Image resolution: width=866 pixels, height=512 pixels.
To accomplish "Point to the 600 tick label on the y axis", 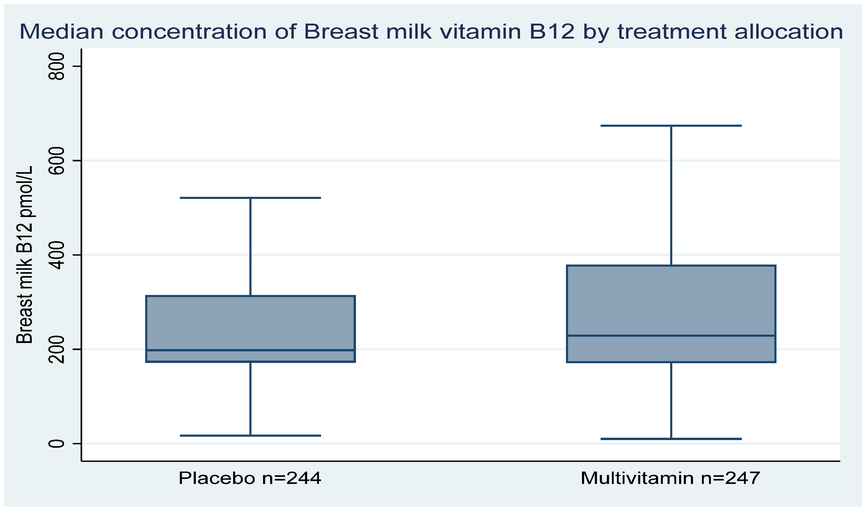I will (x=56, y=161).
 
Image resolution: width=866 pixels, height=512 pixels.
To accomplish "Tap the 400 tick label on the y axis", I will (x=56, y=255).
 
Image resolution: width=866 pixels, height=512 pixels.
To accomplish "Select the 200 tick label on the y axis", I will (x=56, y=350).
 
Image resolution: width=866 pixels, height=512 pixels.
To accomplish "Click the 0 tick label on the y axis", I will (x=56, y=444).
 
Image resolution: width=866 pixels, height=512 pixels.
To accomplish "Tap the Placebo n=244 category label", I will (x=250, y=478).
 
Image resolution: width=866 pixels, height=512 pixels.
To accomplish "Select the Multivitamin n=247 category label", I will (x=670, y=478).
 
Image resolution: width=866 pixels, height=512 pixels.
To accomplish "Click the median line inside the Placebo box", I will (x=250, y=350).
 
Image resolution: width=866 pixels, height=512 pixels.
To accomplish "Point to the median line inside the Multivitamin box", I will (x=671, y=336).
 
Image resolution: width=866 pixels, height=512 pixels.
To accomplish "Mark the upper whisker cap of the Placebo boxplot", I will (x=250, y=198).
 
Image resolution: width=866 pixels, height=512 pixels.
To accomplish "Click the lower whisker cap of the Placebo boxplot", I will (x=250, y=436).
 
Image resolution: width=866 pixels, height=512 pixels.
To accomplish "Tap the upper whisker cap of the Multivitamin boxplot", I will (x=671, y=126).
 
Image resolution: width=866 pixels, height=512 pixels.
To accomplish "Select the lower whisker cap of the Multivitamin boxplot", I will (x=671, y=439).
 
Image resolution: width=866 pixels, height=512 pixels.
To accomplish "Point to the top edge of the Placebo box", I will (x=250, y=296).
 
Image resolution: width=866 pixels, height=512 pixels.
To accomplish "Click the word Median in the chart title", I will (x=61, y=32).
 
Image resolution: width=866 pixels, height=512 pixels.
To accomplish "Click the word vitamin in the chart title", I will (x=480, y=32).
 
